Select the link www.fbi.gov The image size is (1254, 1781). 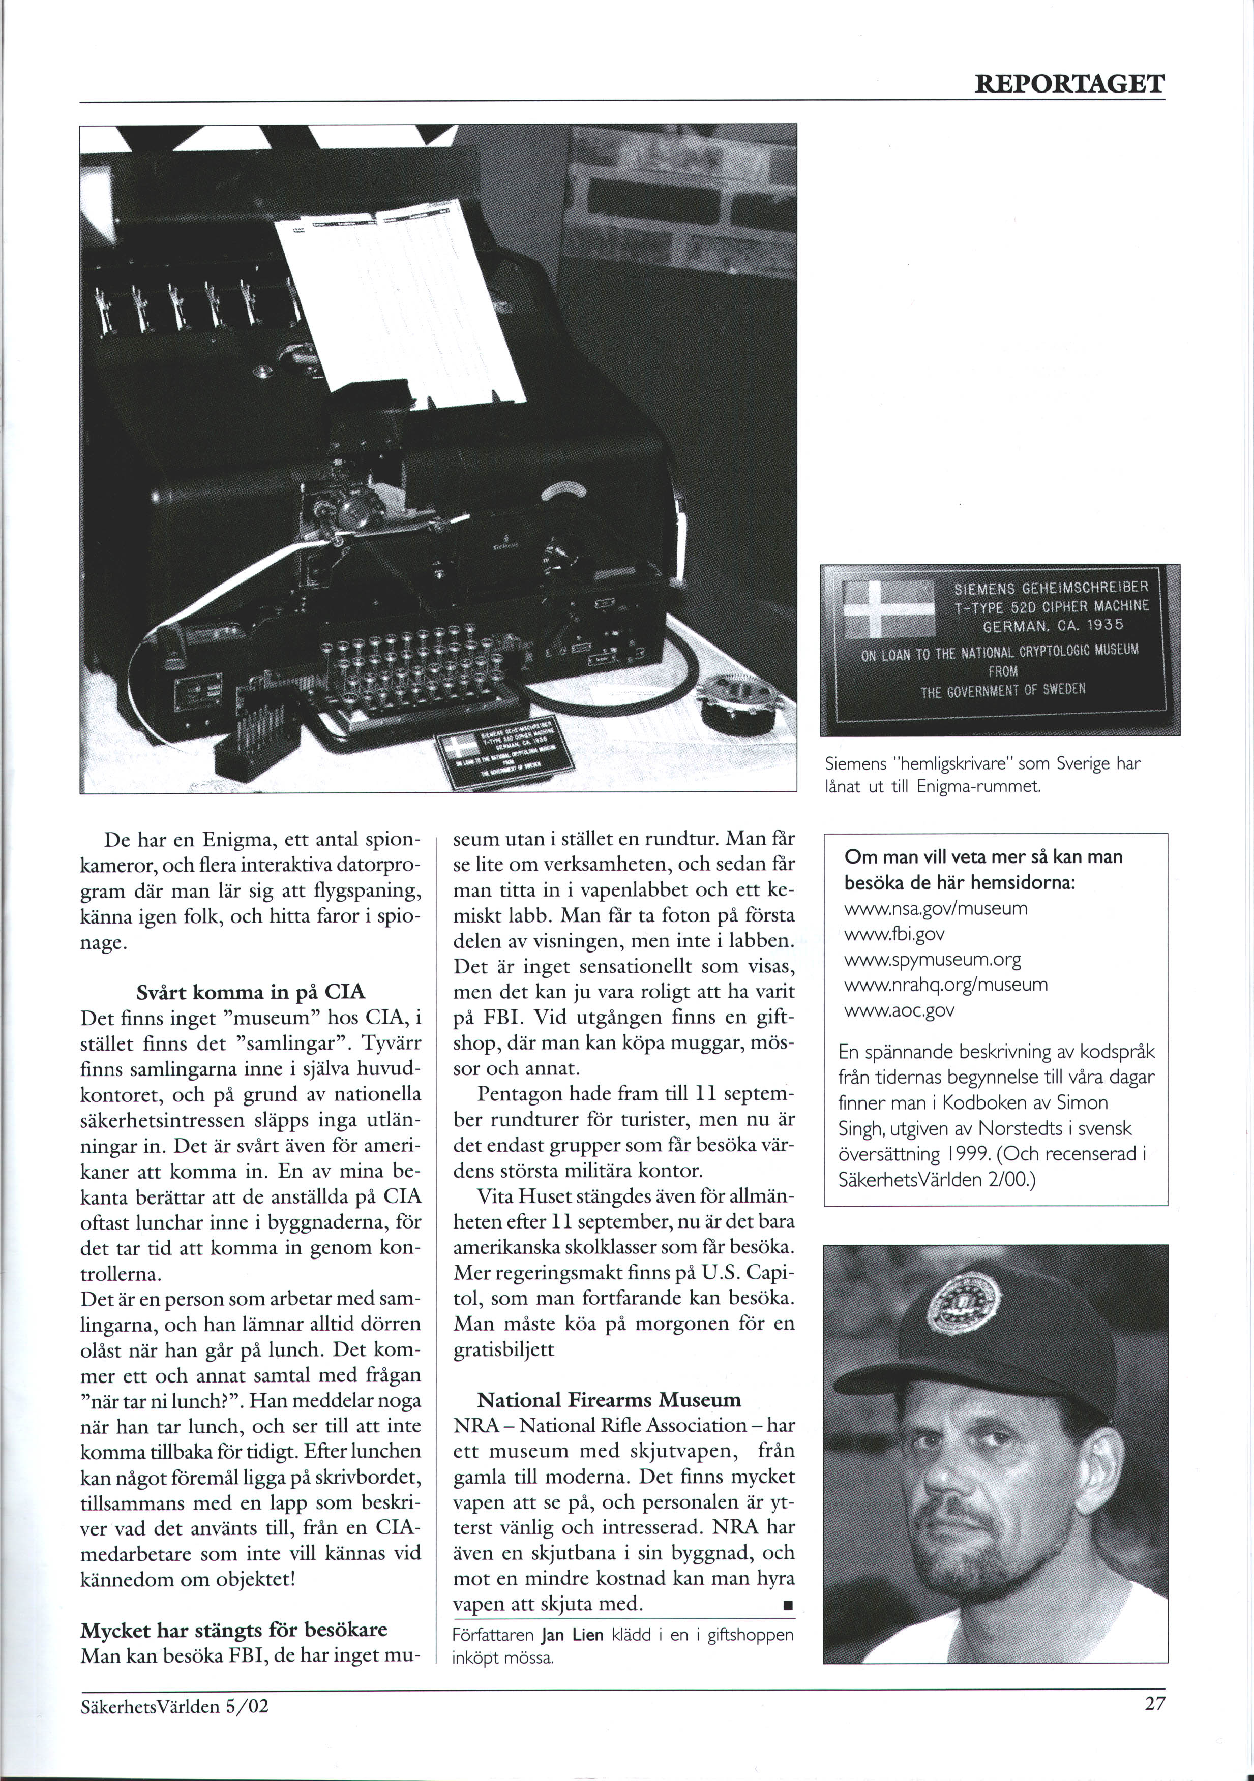[x=894, y=934]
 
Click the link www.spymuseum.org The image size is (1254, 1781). [x=932, y=960]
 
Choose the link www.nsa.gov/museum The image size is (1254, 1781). [x=935, y=908]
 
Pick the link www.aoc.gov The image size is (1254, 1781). [x=899, y=1010]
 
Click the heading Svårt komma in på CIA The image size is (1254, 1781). [x=250, y=992]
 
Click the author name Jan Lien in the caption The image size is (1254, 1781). [x=572, y=1635]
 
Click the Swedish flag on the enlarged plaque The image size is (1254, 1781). [x=888, y=609]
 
